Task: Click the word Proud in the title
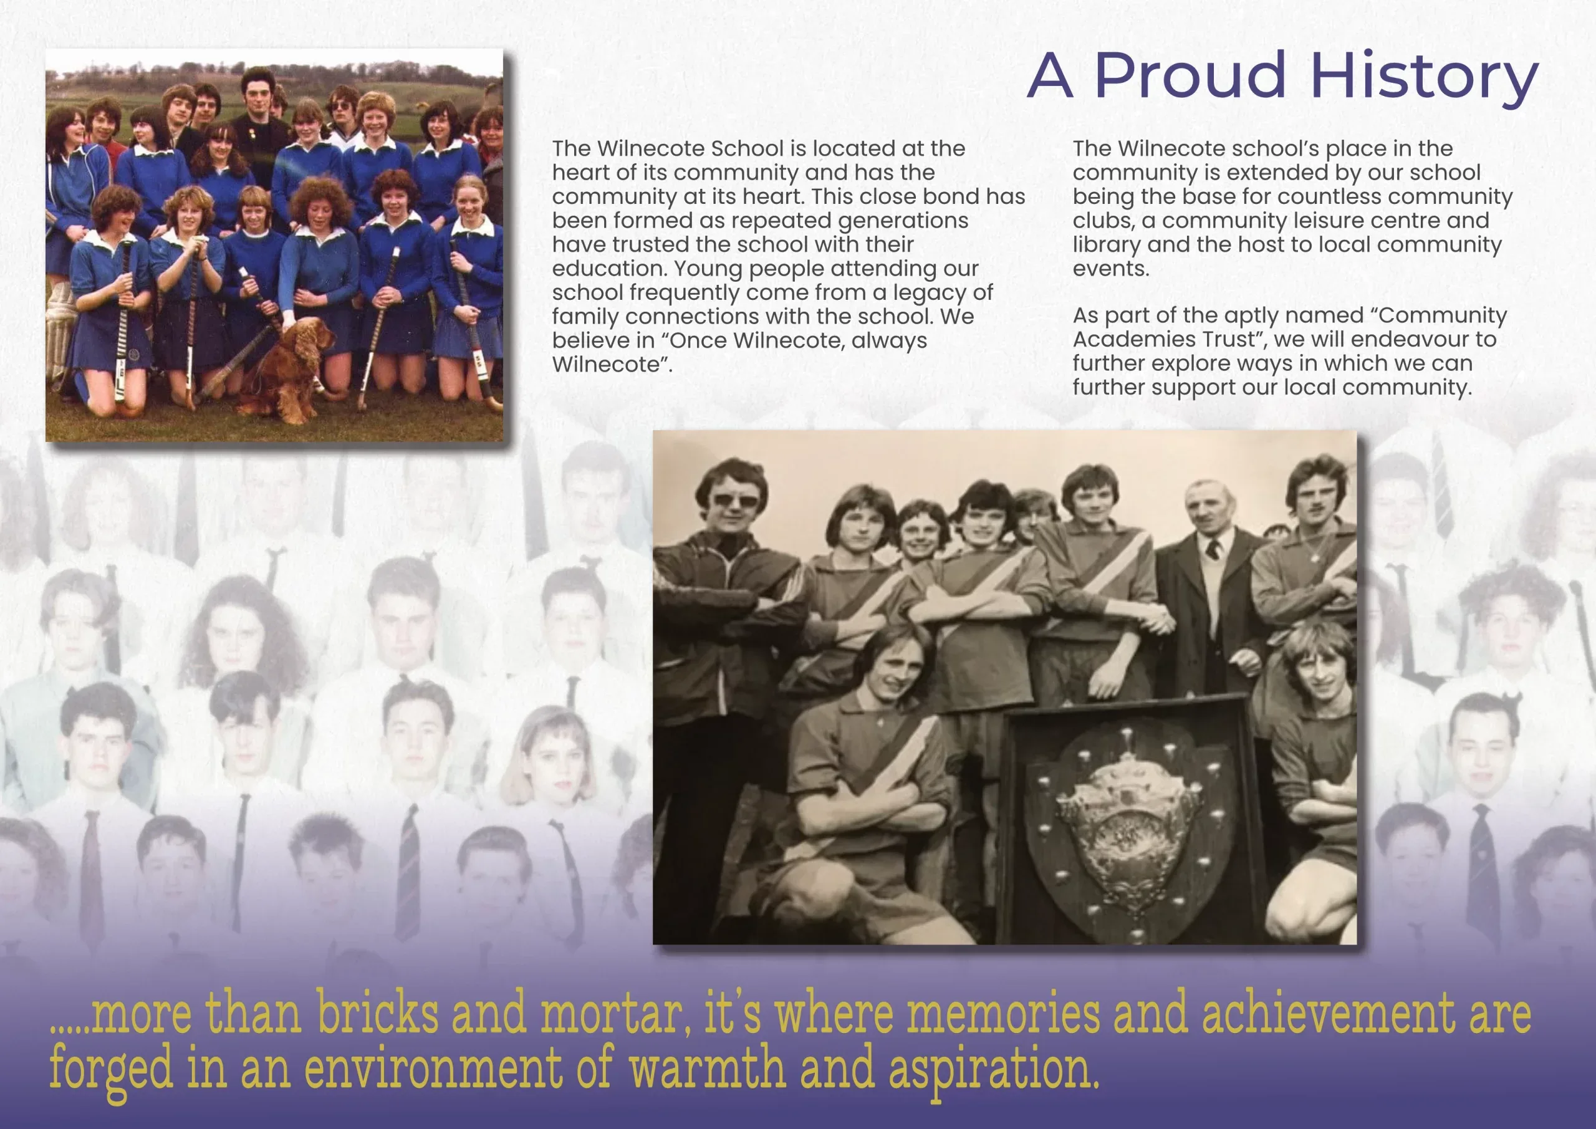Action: (1190, 75)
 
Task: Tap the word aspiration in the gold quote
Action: (994, 1070)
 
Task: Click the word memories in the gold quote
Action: (1004, 1014)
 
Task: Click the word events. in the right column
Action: (1111, 269)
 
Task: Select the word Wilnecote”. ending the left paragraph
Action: (612, 365)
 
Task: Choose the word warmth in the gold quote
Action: (708, 1069)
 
